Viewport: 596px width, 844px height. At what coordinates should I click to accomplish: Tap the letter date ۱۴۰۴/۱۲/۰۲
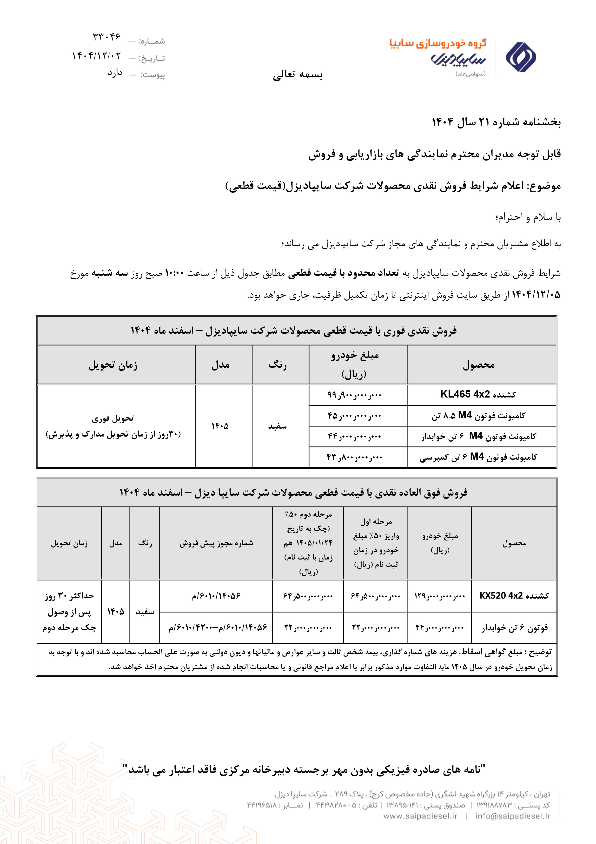(96, 56)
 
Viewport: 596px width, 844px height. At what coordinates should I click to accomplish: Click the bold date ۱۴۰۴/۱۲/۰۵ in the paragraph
(536, 295)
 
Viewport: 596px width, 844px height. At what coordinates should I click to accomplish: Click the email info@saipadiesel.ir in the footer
(513, 816)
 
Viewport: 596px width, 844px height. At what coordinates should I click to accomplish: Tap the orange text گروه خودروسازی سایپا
(438, 43)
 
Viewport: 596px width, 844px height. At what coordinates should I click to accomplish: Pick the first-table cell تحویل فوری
(113, 418)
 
